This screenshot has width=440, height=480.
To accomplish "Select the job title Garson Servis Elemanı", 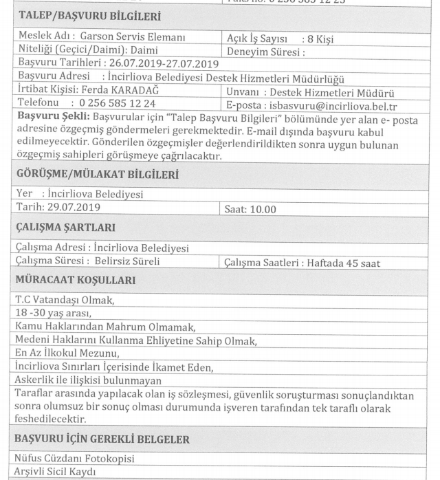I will pos(133,39).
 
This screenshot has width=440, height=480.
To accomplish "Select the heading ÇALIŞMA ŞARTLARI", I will pos(65,228).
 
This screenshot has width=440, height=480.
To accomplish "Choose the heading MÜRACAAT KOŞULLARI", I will pos(76,281).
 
